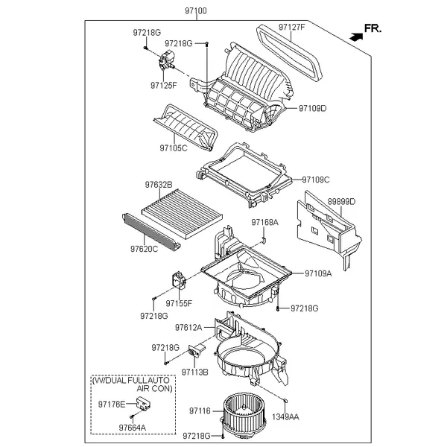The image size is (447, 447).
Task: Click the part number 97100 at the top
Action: point(196,11)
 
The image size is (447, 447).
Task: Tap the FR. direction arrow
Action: point(356,37)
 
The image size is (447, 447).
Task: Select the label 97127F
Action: point(291,27)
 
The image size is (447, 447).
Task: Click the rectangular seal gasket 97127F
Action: point(288,54)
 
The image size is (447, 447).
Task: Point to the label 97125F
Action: point(164,85)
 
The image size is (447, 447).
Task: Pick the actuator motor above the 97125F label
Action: point(166,60)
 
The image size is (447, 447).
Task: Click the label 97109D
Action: point(312,108)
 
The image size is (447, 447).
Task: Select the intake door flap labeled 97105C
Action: point(186,127)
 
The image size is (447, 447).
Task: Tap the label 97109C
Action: point(316,180)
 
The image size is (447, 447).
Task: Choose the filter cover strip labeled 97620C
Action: point(151,232)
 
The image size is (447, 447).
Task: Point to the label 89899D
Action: point(341,202)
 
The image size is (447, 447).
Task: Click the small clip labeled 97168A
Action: point(264,241)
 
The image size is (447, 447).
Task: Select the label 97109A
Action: point(318,273)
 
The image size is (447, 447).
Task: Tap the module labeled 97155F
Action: point(179,280)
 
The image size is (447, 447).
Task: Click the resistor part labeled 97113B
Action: point(197,351)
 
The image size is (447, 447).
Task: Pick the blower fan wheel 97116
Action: point(244,412)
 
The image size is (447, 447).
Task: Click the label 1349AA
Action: point(285,417)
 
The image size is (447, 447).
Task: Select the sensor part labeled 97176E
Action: point(143,403)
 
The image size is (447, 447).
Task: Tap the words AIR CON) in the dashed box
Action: point(154,389)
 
